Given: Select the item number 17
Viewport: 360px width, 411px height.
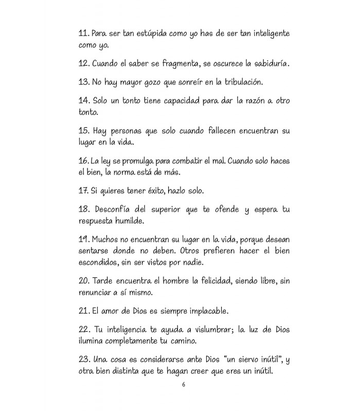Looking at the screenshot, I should tap(83, 191).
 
